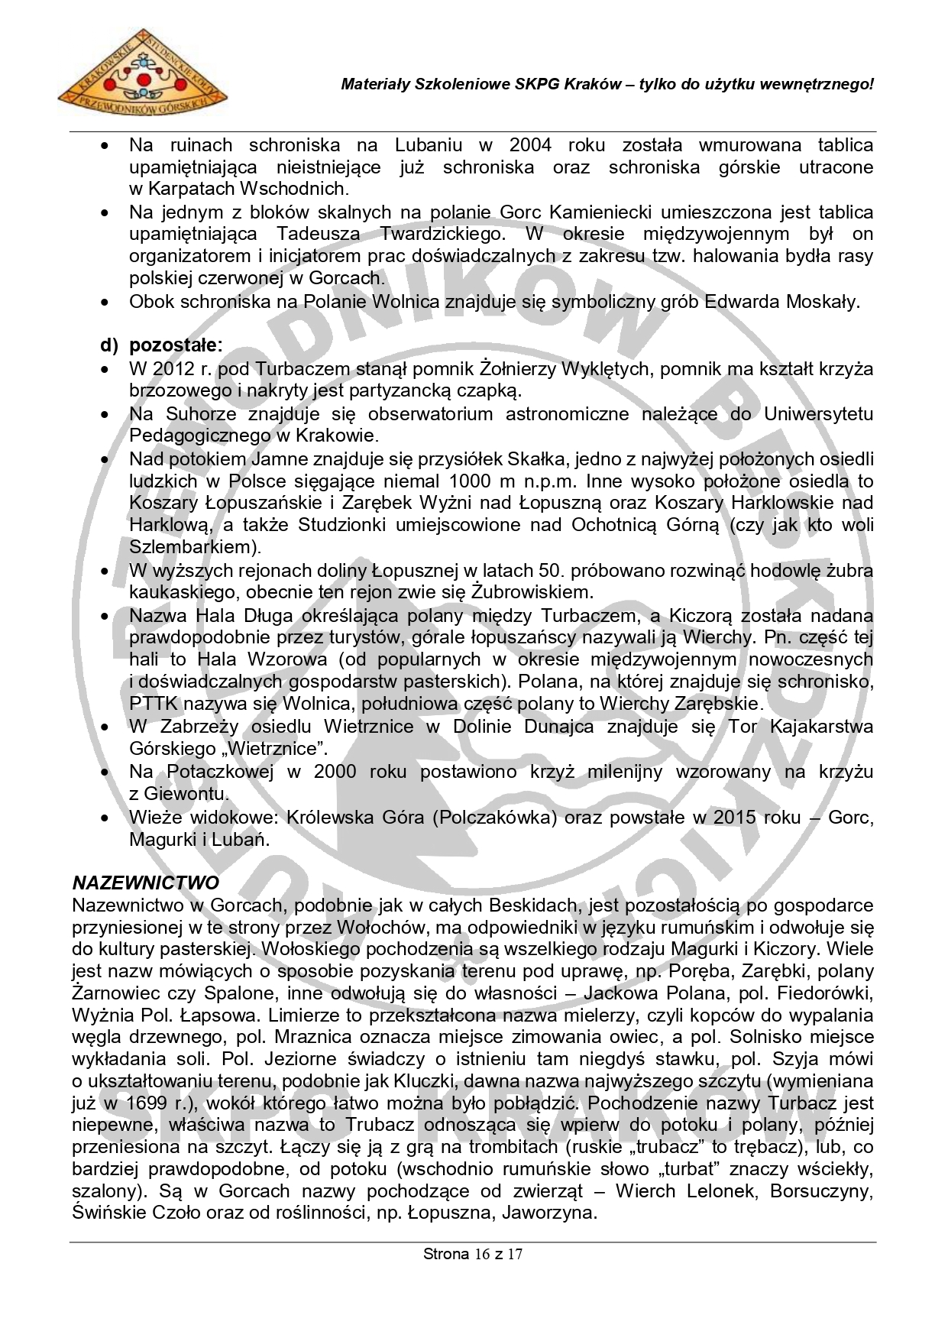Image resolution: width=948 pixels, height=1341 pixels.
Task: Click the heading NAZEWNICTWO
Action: pyautogui.click(x=146, y=883)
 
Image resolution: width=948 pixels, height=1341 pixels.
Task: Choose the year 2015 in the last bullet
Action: pyautogui.click(x=735, y=817)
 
